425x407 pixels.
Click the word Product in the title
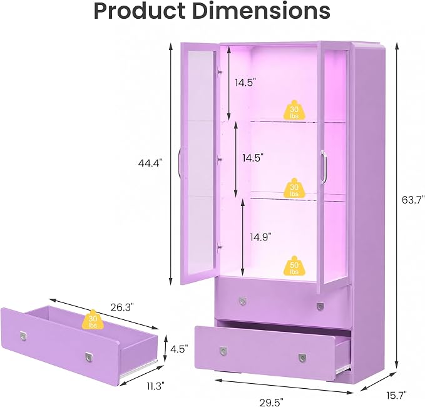point(140,11)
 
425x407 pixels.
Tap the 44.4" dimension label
point(150,163)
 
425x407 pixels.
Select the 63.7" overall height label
point(413,200)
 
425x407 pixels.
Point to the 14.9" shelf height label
point(261,237)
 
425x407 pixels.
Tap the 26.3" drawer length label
point(122,307)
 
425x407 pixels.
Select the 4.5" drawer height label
point(179,349)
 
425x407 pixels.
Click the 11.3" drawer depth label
point(156,386)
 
